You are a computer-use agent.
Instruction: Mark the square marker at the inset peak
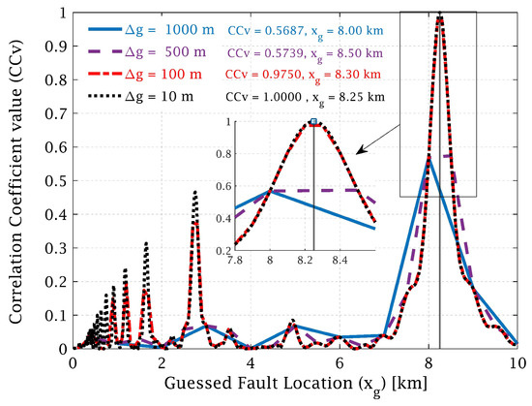click(x=313, y=123)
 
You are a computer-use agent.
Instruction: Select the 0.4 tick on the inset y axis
click(x=222, y=217)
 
